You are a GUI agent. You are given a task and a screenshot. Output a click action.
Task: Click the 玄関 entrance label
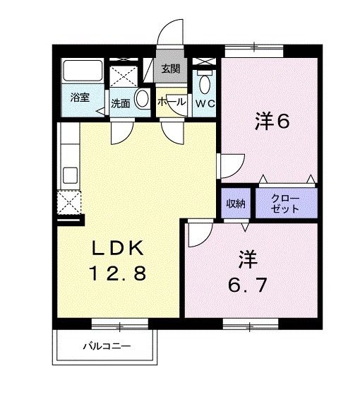(x=170, y=69)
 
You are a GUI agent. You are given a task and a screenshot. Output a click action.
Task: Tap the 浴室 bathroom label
(x=80, y=98)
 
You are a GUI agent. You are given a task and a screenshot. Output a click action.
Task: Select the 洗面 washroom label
(x=121, y=103)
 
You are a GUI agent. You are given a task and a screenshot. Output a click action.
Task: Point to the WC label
(x=205, y=103)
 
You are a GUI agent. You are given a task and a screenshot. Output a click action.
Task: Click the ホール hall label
(x=172, y=102)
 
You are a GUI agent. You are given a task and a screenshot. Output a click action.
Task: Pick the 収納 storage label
(x=236, y=204)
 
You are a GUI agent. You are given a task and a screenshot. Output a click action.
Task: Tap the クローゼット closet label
(x=284, y=204)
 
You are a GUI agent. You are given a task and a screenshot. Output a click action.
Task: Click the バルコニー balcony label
(x=107, y=346)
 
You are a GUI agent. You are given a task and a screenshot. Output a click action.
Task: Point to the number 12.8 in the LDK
(x=118, y=274)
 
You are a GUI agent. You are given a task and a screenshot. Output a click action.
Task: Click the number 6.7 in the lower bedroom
(x=247, y=285)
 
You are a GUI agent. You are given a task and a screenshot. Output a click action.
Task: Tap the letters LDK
(x=118, y=248)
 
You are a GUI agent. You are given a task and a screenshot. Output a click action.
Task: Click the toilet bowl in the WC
(x=204, y=84)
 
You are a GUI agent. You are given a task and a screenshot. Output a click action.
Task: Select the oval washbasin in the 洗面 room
(x=142, y=98)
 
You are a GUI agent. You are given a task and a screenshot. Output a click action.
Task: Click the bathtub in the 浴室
(x=83, y=70)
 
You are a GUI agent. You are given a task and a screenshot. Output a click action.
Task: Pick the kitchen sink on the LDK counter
(x=70, y=175)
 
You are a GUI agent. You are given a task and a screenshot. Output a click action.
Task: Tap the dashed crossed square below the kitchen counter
(x=69, y=203)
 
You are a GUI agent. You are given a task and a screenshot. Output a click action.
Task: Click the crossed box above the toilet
(x=204, y=61)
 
